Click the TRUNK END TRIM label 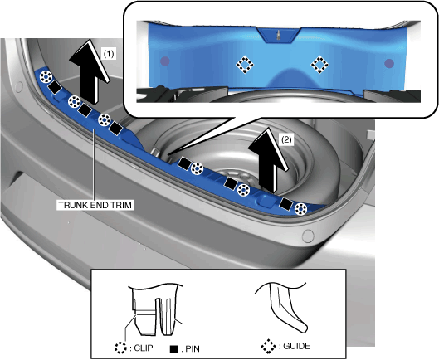95,205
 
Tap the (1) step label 109,53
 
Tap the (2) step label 286,139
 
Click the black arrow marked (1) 89,72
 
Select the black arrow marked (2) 268,160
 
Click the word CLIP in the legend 144,348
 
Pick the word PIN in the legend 193,349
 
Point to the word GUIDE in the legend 297,346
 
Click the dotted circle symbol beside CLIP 120,348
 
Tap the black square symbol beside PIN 174,349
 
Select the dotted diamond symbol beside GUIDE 268,346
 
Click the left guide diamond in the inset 245,65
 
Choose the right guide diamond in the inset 319,65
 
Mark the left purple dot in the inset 164,61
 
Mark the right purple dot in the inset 389,64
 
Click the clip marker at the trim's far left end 46,76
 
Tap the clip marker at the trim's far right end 300,209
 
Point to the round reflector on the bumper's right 308,236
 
